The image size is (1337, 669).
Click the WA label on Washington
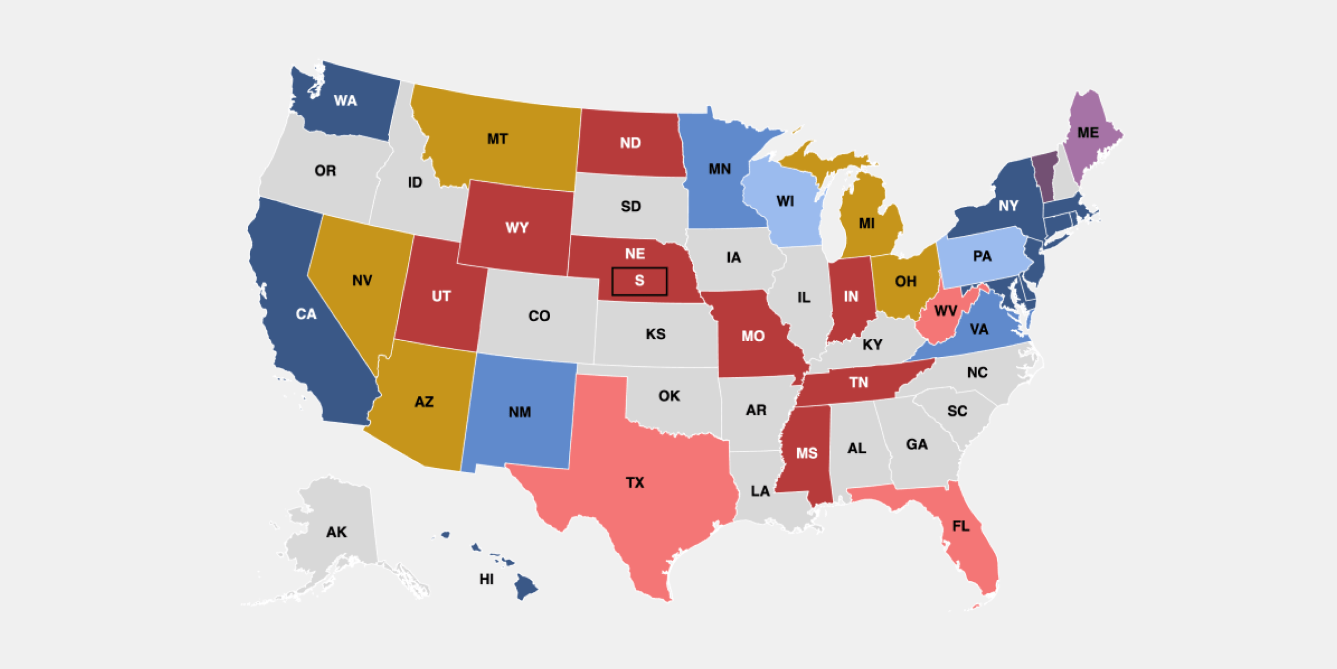point(345,101)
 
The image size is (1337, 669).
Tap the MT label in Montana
point(497,139)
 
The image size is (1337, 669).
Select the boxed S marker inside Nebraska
point(639,281)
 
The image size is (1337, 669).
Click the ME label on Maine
point(1087,133)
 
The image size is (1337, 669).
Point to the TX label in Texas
point(635,482)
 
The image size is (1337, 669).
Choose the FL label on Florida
point(960,526)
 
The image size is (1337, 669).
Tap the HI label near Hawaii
point(486,580)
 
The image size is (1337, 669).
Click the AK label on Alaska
point(336,532)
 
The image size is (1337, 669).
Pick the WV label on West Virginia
point(945,311)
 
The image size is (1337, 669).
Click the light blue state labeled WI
point(785,201)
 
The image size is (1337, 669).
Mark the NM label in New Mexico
point(519,412)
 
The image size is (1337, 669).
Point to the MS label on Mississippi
point(806,453)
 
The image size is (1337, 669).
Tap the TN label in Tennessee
point(858,382)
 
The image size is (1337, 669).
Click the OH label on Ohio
point(905,281)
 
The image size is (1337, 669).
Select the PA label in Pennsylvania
point(982,256)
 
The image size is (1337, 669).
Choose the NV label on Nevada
point(362,280)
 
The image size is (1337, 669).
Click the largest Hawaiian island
point(524,587)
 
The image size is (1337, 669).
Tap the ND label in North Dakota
point(630,143)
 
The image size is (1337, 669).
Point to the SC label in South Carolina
point(957,411)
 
